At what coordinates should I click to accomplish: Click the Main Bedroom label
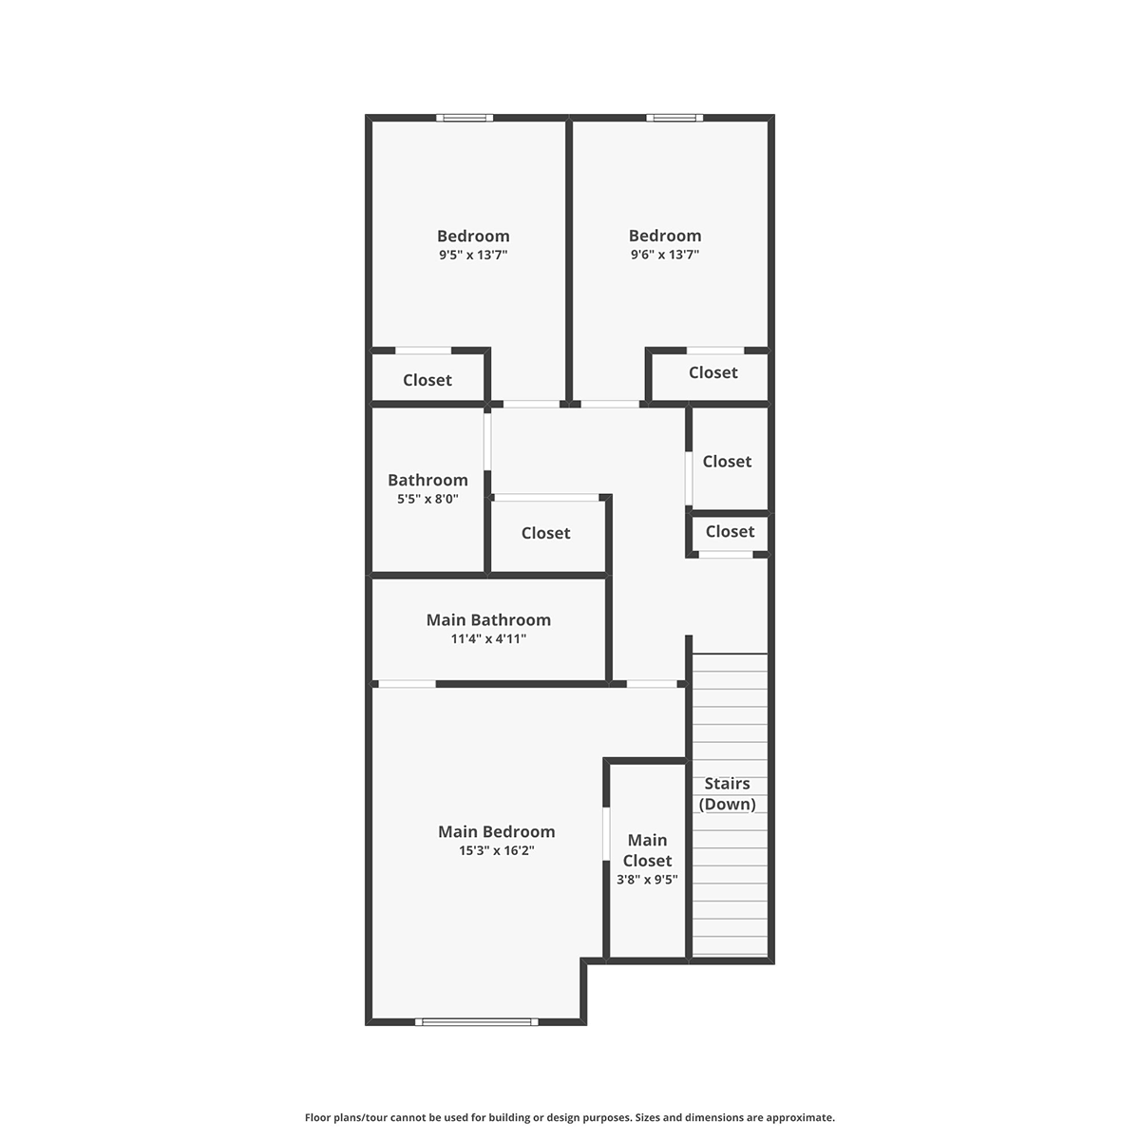point(496,831)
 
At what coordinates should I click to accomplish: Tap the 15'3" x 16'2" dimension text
point(496,850)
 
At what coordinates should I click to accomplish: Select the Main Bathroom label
point(488,619)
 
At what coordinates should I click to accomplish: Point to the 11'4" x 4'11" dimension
point(488,638)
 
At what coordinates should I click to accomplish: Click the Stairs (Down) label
point(727,793)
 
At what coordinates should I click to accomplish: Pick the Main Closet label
point(647,850)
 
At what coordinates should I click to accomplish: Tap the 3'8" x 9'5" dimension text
point(647,879)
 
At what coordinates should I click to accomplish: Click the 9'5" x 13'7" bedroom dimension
point(473,255)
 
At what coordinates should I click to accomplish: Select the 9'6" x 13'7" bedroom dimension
point(665,255)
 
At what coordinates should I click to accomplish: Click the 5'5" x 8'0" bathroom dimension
point(427,498)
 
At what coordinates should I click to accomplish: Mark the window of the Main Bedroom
point(477,1021)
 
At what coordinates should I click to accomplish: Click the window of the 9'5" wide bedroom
point(465,118)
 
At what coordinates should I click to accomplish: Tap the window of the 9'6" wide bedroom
point(674,118)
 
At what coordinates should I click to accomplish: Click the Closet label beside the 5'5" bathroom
point(545,533)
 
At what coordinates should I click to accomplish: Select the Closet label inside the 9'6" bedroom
point(712,372)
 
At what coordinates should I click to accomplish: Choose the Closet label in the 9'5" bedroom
point(427,380)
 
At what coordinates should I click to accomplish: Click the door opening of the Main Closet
point(606,833)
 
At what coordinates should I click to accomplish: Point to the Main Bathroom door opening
point(407,684)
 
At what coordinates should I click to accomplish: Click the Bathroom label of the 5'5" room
point(427,480)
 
